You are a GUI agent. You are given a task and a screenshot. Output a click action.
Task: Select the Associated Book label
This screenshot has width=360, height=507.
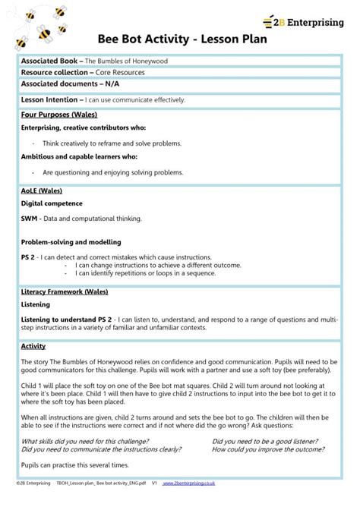[51, 61]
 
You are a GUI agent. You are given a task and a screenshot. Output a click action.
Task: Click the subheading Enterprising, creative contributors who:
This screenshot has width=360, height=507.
[84, 128]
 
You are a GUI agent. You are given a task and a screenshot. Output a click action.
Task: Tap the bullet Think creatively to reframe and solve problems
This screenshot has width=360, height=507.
[112, 143]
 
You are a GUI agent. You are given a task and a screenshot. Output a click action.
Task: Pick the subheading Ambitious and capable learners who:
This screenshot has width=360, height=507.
[79, 156]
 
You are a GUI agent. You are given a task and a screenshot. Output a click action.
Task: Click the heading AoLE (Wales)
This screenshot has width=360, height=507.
[42, 191]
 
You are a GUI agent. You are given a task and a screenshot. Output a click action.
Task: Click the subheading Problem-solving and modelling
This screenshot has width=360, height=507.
[71, 241]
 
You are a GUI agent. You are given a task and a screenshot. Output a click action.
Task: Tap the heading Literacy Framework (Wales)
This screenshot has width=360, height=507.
[64, 291]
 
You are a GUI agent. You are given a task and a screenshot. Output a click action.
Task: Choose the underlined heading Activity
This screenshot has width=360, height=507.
[33, 346]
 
